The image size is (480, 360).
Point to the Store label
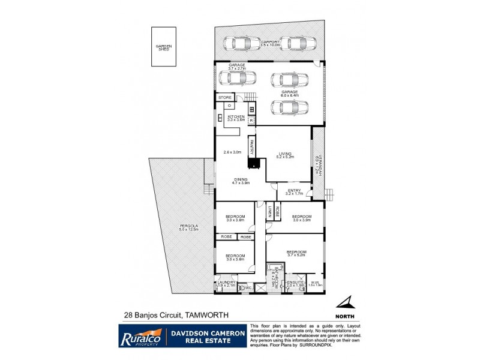(225, 97)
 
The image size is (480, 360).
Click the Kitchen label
(235, 118)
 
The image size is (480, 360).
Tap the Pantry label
(253, 147)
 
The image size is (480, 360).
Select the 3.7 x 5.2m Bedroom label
(296, 253)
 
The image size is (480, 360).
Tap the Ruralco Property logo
(140, 334)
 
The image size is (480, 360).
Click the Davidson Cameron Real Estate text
(207, 334)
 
